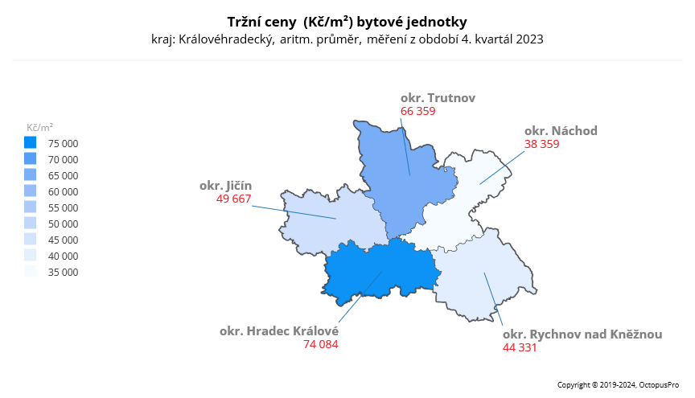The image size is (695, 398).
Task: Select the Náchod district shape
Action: [467, 201]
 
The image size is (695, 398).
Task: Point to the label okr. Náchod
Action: [561, 131]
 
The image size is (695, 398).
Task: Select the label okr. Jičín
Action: [225, 185]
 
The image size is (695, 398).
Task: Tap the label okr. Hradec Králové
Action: [279, 331]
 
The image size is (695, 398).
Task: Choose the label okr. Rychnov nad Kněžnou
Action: [582, 334]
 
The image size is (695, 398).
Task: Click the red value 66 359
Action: [417, 112]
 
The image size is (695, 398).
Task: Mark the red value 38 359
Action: [541, 145]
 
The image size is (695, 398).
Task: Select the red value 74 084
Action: [321, 345]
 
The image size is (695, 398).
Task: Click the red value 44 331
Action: [520, 347]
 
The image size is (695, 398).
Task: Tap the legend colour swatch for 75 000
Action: [30, 143]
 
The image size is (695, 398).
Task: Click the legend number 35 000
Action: [64, 272]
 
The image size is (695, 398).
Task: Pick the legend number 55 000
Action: [64, 207]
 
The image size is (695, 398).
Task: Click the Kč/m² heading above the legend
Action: [40, 127]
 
